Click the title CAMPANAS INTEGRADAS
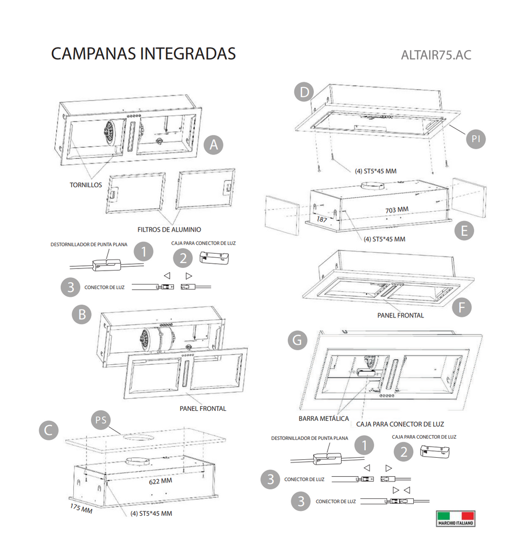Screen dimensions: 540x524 coord(143,54)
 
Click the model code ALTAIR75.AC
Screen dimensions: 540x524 coord(435,55)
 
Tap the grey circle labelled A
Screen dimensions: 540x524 coord(213,144)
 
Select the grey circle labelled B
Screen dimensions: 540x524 coord(82,315)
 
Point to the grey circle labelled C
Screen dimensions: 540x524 coord(48,430)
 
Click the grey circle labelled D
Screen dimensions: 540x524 coord(303,93)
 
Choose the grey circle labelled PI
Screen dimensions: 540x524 coord(476,139)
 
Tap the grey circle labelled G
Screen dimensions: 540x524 coord(298,340)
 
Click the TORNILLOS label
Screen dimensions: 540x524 coord(86,185)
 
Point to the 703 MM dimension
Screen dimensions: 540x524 coord(397,210)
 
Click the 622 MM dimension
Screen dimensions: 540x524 coord(159,481)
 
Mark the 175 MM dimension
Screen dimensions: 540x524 coord(81,509)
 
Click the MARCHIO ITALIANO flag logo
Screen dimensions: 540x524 coord(455,518)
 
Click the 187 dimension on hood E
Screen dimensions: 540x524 coord(322,218)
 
